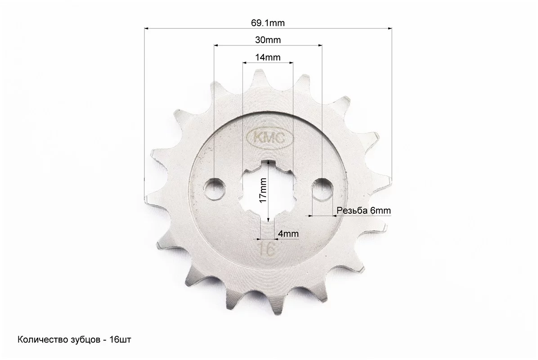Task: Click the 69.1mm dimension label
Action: [268, 23]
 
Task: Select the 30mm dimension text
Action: [268, 40]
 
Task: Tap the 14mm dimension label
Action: [268, 57]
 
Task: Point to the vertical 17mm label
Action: [263, 190]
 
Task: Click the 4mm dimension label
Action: [288, 234]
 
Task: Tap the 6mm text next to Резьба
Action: [381, 210]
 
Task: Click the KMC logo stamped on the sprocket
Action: [270, 138]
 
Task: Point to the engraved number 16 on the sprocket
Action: [267, 249]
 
